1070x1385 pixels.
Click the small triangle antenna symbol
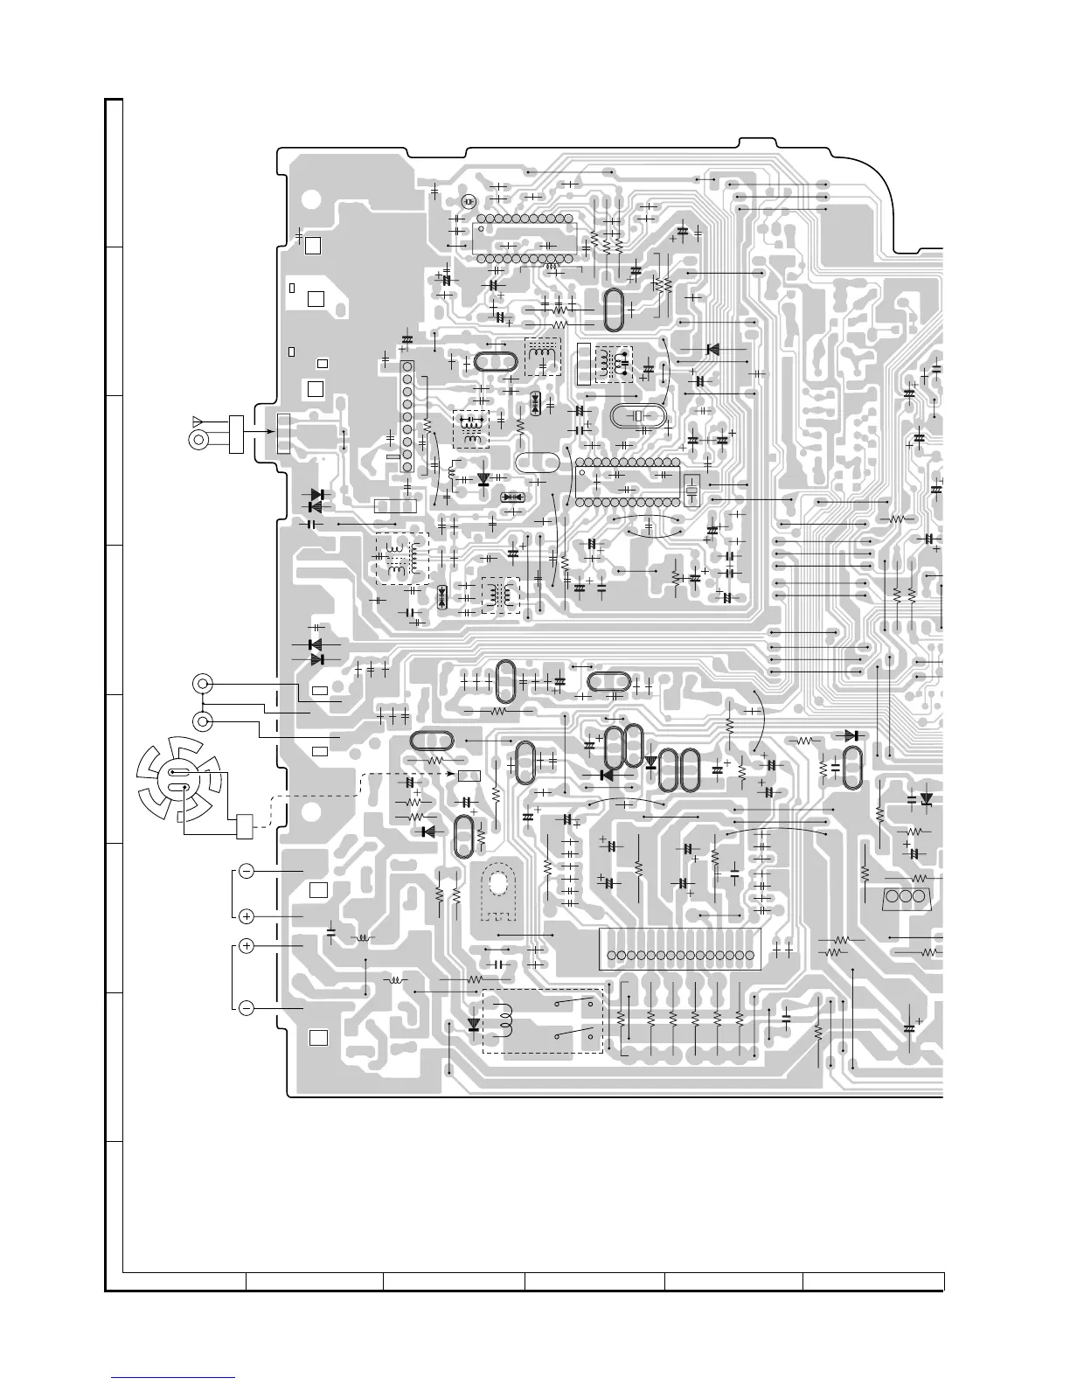click(x=198, y=421)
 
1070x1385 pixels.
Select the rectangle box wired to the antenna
click(x=234, y=436)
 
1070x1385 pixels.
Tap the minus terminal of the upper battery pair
click(x=247, y=872)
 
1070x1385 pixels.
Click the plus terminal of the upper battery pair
click(x=247, y=916)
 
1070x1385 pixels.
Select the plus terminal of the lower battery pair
click(x=247, y=946)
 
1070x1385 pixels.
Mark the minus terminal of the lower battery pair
click(x=247, y=1008)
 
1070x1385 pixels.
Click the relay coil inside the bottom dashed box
click(x=504, y=1020)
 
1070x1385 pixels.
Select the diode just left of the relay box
click(x=475, y=1024)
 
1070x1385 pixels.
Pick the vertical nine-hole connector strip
click(x=406, y=417)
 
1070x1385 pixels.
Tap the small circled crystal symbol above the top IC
click(x=469, y=202)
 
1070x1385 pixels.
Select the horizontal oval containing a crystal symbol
click(x=640, y=416)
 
